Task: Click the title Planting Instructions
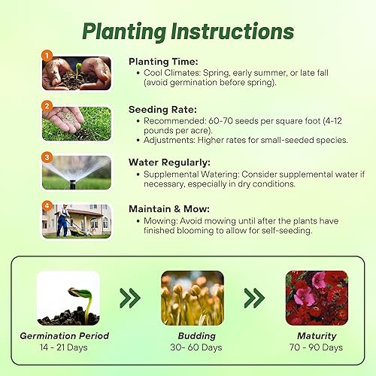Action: [188, 31]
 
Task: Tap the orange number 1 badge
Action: [47, 55]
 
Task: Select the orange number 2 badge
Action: [47, 106]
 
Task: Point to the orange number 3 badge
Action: [47, 157]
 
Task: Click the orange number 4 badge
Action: [47, 205]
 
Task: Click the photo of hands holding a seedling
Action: [77, 74]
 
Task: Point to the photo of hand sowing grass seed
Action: [77, 123]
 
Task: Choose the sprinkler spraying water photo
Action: [77, 172]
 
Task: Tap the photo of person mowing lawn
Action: [77, 220]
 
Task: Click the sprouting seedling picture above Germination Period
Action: [68, 298]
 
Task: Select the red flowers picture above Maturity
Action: [317, 298]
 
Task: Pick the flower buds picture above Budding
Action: [193, 298]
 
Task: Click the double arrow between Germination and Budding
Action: [130, 299]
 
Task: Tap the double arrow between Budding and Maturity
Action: [254, 299]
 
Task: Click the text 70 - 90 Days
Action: [317, 347]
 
